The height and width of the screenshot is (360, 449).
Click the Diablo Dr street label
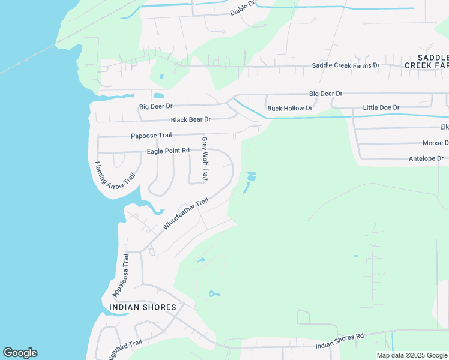(243, 12)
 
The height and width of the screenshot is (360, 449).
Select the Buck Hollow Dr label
(290, 109)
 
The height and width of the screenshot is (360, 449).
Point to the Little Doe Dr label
(381, 107)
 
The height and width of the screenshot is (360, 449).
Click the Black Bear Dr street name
(191, 120)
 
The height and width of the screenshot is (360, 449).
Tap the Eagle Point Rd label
(168, 151)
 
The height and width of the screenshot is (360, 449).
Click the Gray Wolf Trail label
(205, 159)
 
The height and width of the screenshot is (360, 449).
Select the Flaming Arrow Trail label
(115, 176)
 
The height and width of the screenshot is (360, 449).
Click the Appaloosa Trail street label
(121, 275)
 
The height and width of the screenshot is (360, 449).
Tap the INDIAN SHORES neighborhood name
(143, 307)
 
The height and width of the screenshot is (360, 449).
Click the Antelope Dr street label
(426, 158)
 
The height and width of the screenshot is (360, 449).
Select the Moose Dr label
(435, 143)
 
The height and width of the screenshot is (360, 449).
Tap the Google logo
(20, 353)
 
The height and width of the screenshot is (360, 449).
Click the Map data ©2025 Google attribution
(412, 355)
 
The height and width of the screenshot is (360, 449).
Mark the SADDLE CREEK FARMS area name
(427, 61)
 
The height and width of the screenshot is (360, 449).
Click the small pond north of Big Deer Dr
(158, 95)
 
